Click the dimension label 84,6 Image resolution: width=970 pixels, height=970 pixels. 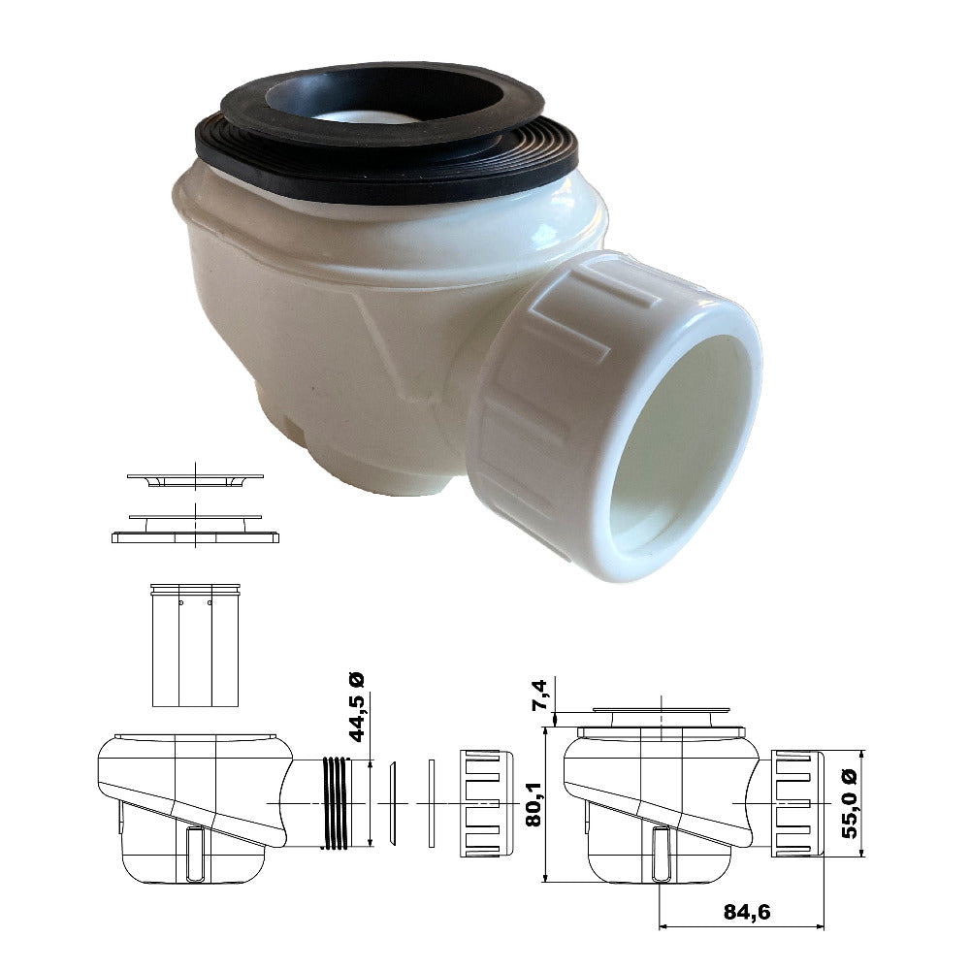click(747, 911)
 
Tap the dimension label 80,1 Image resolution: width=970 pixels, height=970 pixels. click(533, 803)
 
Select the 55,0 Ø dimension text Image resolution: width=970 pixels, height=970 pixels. click(851, 803)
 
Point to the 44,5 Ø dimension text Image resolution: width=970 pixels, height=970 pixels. click(356, 707)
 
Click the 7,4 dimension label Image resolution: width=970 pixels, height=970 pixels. click(539, 695)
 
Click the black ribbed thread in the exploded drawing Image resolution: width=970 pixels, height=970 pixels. click(337, 802)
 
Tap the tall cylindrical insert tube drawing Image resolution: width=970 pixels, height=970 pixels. click(195, 645)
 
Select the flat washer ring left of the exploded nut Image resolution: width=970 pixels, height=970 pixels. click(432, 802)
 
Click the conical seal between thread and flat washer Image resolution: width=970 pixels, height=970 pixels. click(392, 802)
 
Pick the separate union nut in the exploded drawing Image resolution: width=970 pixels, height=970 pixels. click(487, 803)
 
